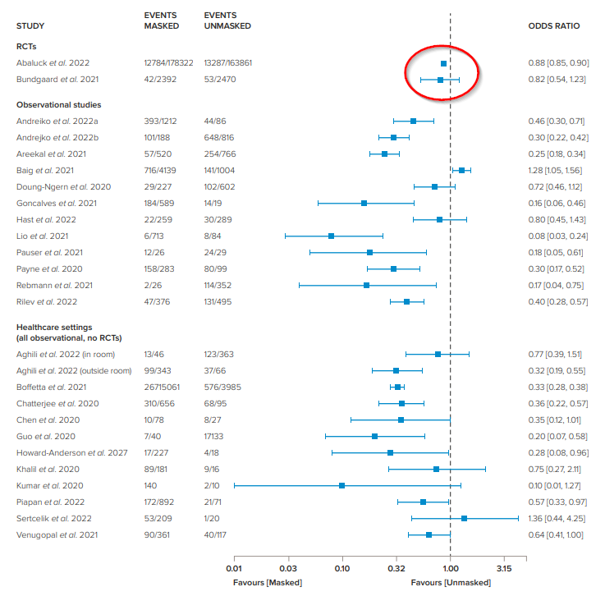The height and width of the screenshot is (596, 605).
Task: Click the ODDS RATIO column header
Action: [553, 26]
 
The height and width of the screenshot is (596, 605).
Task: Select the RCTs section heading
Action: [27, 47]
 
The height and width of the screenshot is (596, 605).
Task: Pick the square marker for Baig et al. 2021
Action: [461, 170]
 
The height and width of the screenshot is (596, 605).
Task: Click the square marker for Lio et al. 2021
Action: [331, 236]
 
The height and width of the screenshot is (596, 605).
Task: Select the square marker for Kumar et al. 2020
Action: [341, 485]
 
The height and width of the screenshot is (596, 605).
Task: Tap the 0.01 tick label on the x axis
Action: [234, 568]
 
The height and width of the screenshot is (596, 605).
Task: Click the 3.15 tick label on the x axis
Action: [504, 568]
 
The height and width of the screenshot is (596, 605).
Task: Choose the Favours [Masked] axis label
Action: [267, 582]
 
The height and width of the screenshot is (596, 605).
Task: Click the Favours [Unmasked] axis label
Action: [451, 582]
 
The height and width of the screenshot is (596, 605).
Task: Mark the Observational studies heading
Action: [59, 105]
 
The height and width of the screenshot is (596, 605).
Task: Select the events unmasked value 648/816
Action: [220, 137]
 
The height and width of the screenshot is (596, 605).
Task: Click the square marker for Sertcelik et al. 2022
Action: [464, 518]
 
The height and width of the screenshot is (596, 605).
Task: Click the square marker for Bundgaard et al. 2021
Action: [440, 80]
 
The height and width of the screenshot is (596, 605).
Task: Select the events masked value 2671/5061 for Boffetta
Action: [163, 387]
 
